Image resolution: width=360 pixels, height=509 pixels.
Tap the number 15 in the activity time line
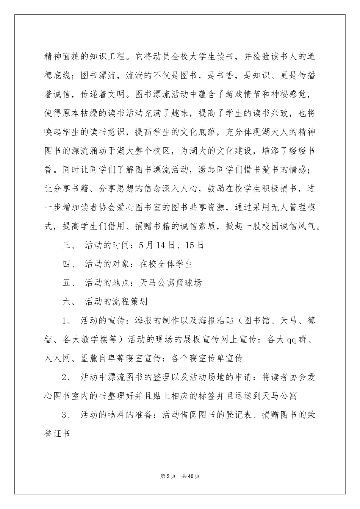click(x=190, y=245)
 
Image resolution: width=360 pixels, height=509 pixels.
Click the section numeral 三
click(x=67, y=245)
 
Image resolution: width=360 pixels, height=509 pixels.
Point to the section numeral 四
click(x=67, y=264)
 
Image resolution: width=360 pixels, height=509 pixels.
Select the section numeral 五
click(x=67, y=283)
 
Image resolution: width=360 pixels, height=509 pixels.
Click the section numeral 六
click(x=67, y=302)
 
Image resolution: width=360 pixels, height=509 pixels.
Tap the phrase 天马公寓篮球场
click(x=171, y=283)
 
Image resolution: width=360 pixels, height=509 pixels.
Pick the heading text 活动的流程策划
click(x=116, y=302)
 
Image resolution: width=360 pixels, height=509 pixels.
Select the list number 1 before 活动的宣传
click(x=65, y=321)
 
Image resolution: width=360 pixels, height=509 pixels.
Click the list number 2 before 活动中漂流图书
click(x=65, y=378)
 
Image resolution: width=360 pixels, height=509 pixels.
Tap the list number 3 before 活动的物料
click(x=65, y=415)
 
